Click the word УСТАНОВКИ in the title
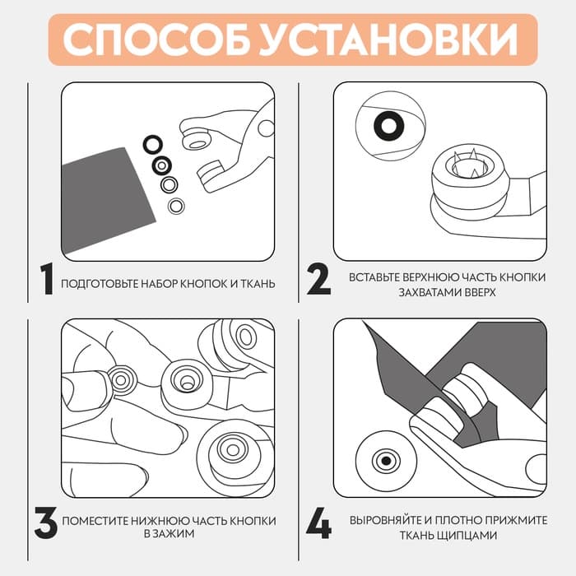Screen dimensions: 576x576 point(384,39)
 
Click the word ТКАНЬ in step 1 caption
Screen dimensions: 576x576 point(256,284)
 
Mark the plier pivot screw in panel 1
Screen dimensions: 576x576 point(264,128)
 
